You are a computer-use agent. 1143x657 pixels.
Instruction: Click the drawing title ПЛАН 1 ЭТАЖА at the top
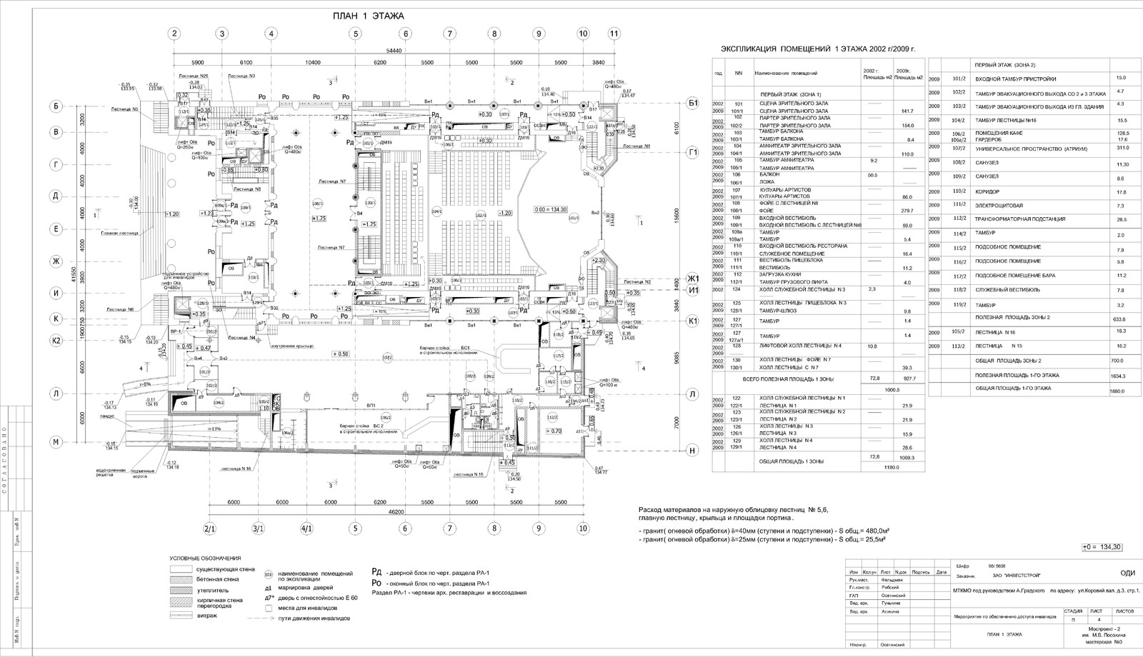(369, 16)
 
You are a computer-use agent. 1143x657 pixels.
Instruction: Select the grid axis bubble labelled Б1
(692, 104)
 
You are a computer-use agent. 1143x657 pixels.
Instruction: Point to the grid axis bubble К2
(56, 340)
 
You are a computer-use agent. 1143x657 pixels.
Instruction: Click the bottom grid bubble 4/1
(306, 529)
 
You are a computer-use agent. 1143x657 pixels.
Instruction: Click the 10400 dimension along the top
(312, 63)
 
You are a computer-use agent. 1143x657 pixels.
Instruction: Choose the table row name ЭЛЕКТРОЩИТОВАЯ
(997, 205)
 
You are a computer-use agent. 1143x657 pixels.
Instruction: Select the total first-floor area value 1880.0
(1118, 390)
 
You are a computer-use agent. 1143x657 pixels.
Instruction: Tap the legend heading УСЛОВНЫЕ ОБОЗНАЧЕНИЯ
(205, 558)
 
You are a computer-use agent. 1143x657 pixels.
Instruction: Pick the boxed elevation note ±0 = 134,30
(1103, 547)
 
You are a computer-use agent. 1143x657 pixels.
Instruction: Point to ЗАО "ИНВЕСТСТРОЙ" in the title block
(1006, 576)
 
